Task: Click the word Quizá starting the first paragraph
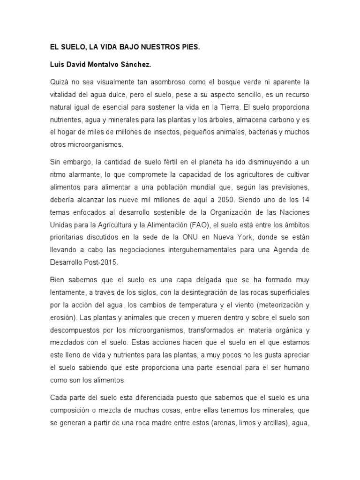coord(59,82)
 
